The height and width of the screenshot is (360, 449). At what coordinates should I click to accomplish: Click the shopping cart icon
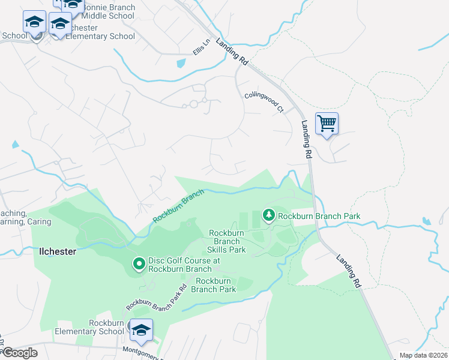tap(327, 124)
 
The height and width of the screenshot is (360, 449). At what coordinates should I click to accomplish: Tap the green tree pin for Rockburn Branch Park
tap(269, 215)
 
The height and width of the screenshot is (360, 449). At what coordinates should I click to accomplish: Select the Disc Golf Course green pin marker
tap(139, 263)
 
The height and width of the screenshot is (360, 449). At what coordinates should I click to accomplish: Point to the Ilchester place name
tap(58, 251)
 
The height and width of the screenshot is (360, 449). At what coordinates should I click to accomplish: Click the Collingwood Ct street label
tap(264, 102)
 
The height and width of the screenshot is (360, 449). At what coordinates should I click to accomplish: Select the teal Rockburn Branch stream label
tap(178, 206)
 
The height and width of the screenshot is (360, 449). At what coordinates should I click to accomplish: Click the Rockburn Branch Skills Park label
tap(227, 241)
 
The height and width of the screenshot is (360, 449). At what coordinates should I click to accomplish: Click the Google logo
tap(19, 353)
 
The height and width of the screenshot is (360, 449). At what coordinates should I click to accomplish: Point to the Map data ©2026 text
tap(423, 355)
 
